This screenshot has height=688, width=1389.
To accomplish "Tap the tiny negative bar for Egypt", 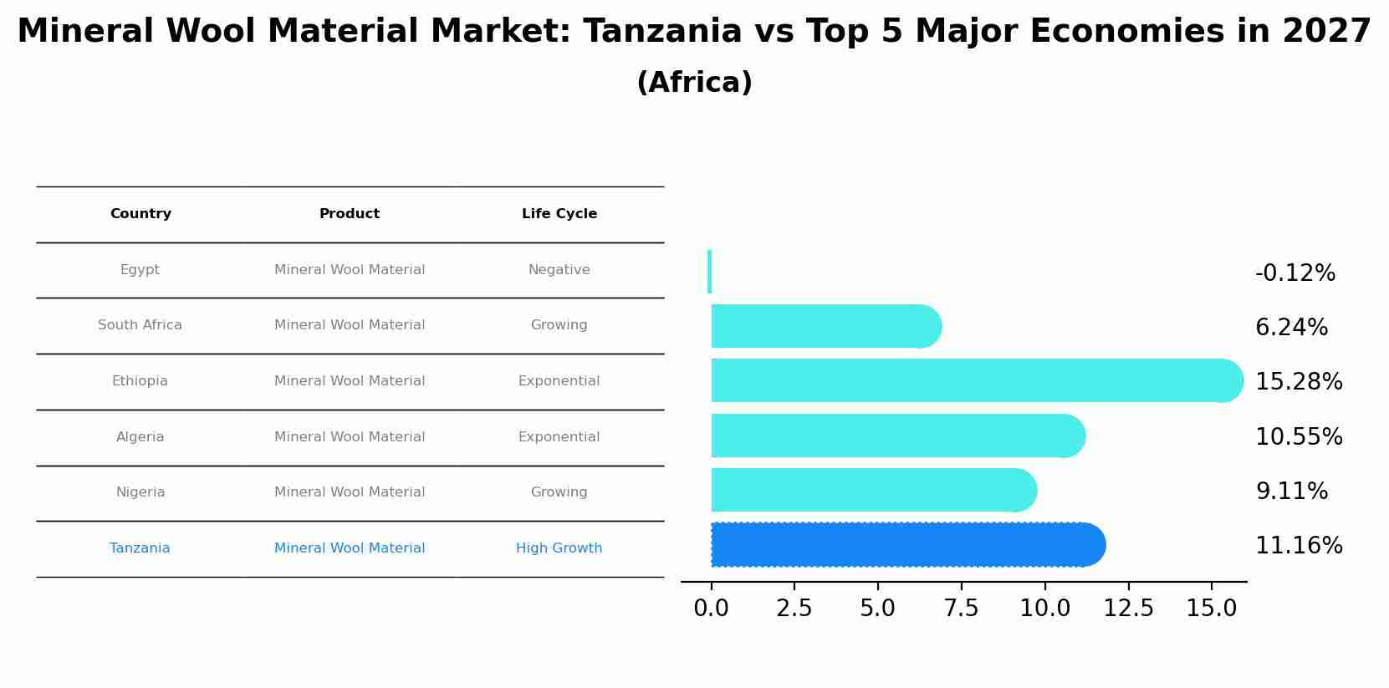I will pos(709,272).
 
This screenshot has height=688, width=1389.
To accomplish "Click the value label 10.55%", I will pos(1298,437).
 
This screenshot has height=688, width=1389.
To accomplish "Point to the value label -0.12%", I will pos(1295,273).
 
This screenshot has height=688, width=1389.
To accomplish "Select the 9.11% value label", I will pos(1291,492).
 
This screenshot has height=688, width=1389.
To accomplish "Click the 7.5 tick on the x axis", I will pos(961,609).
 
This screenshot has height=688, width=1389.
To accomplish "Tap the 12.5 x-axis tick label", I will pos(1128,609).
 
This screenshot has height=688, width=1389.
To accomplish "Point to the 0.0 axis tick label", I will pos(711,609).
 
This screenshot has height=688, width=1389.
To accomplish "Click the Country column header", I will pos(140,214).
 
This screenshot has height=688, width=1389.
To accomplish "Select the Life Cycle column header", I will pos(559,214).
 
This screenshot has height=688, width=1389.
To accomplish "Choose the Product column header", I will pos(350,214).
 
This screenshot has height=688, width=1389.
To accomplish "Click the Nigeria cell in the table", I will pos(140,492).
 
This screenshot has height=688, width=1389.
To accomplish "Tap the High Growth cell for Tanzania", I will pos(559,548).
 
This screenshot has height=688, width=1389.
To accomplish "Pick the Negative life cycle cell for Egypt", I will pos(559,270).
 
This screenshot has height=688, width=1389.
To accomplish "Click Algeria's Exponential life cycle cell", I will pos(559,437).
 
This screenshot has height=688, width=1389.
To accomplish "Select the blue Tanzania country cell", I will pos(140,548).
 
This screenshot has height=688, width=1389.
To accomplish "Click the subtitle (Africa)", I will pos(694,83).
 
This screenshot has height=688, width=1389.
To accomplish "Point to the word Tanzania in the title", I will pos(662,32).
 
